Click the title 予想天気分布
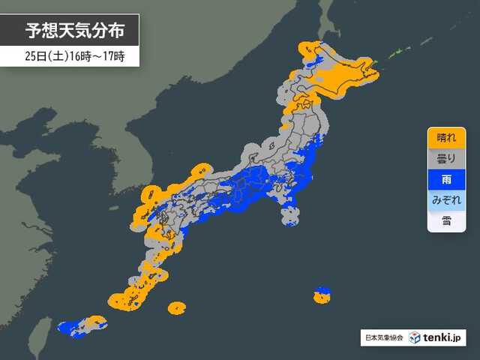pos(70,31)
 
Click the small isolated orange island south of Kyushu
pos(177,307)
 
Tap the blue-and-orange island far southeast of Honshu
pos(322,295)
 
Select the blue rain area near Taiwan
pos(71,327)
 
